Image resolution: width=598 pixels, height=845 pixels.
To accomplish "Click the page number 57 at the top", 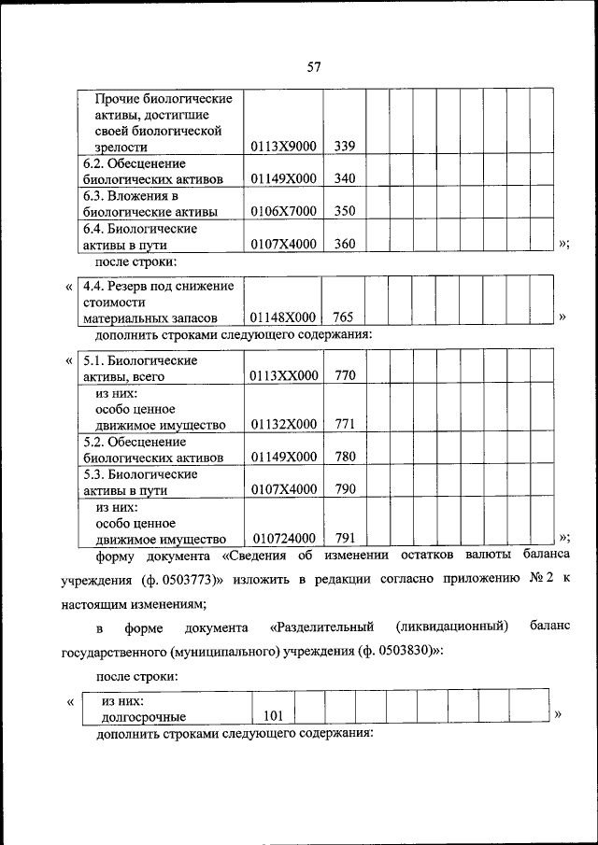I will (x=314, y=66).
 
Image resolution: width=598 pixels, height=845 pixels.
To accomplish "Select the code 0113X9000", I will (x=284, y=147).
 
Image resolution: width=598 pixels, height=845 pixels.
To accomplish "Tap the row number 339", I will (x=345, y=147).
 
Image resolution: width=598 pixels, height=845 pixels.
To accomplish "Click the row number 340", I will (x=345, y=179).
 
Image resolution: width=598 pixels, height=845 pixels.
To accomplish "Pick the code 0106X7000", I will (x=284, y=211).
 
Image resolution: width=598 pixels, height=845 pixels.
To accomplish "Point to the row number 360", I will (x=345, y=244).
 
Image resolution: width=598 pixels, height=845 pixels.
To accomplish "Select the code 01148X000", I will (x=284, y=318).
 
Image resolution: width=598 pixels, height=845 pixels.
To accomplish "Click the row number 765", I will (x=345, y=318).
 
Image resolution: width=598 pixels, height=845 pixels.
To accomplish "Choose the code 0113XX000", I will (x=284, y=375).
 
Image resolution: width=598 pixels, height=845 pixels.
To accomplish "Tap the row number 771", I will (x=345, y=425).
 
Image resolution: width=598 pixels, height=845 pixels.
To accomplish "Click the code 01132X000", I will (x=284, y=425).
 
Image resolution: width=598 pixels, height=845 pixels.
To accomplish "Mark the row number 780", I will (x=345, y=458).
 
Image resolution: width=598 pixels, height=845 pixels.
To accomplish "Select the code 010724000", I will (x=284, y=538).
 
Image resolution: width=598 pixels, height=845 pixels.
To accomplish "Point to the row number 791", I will (x=345, y=538).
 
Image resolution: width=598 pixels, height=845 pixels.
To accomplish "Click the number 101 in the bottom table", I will (x=273, y=716).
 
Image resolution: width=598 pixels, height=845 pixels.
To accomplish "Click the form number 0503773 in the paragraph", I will (x=188, y=579).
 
